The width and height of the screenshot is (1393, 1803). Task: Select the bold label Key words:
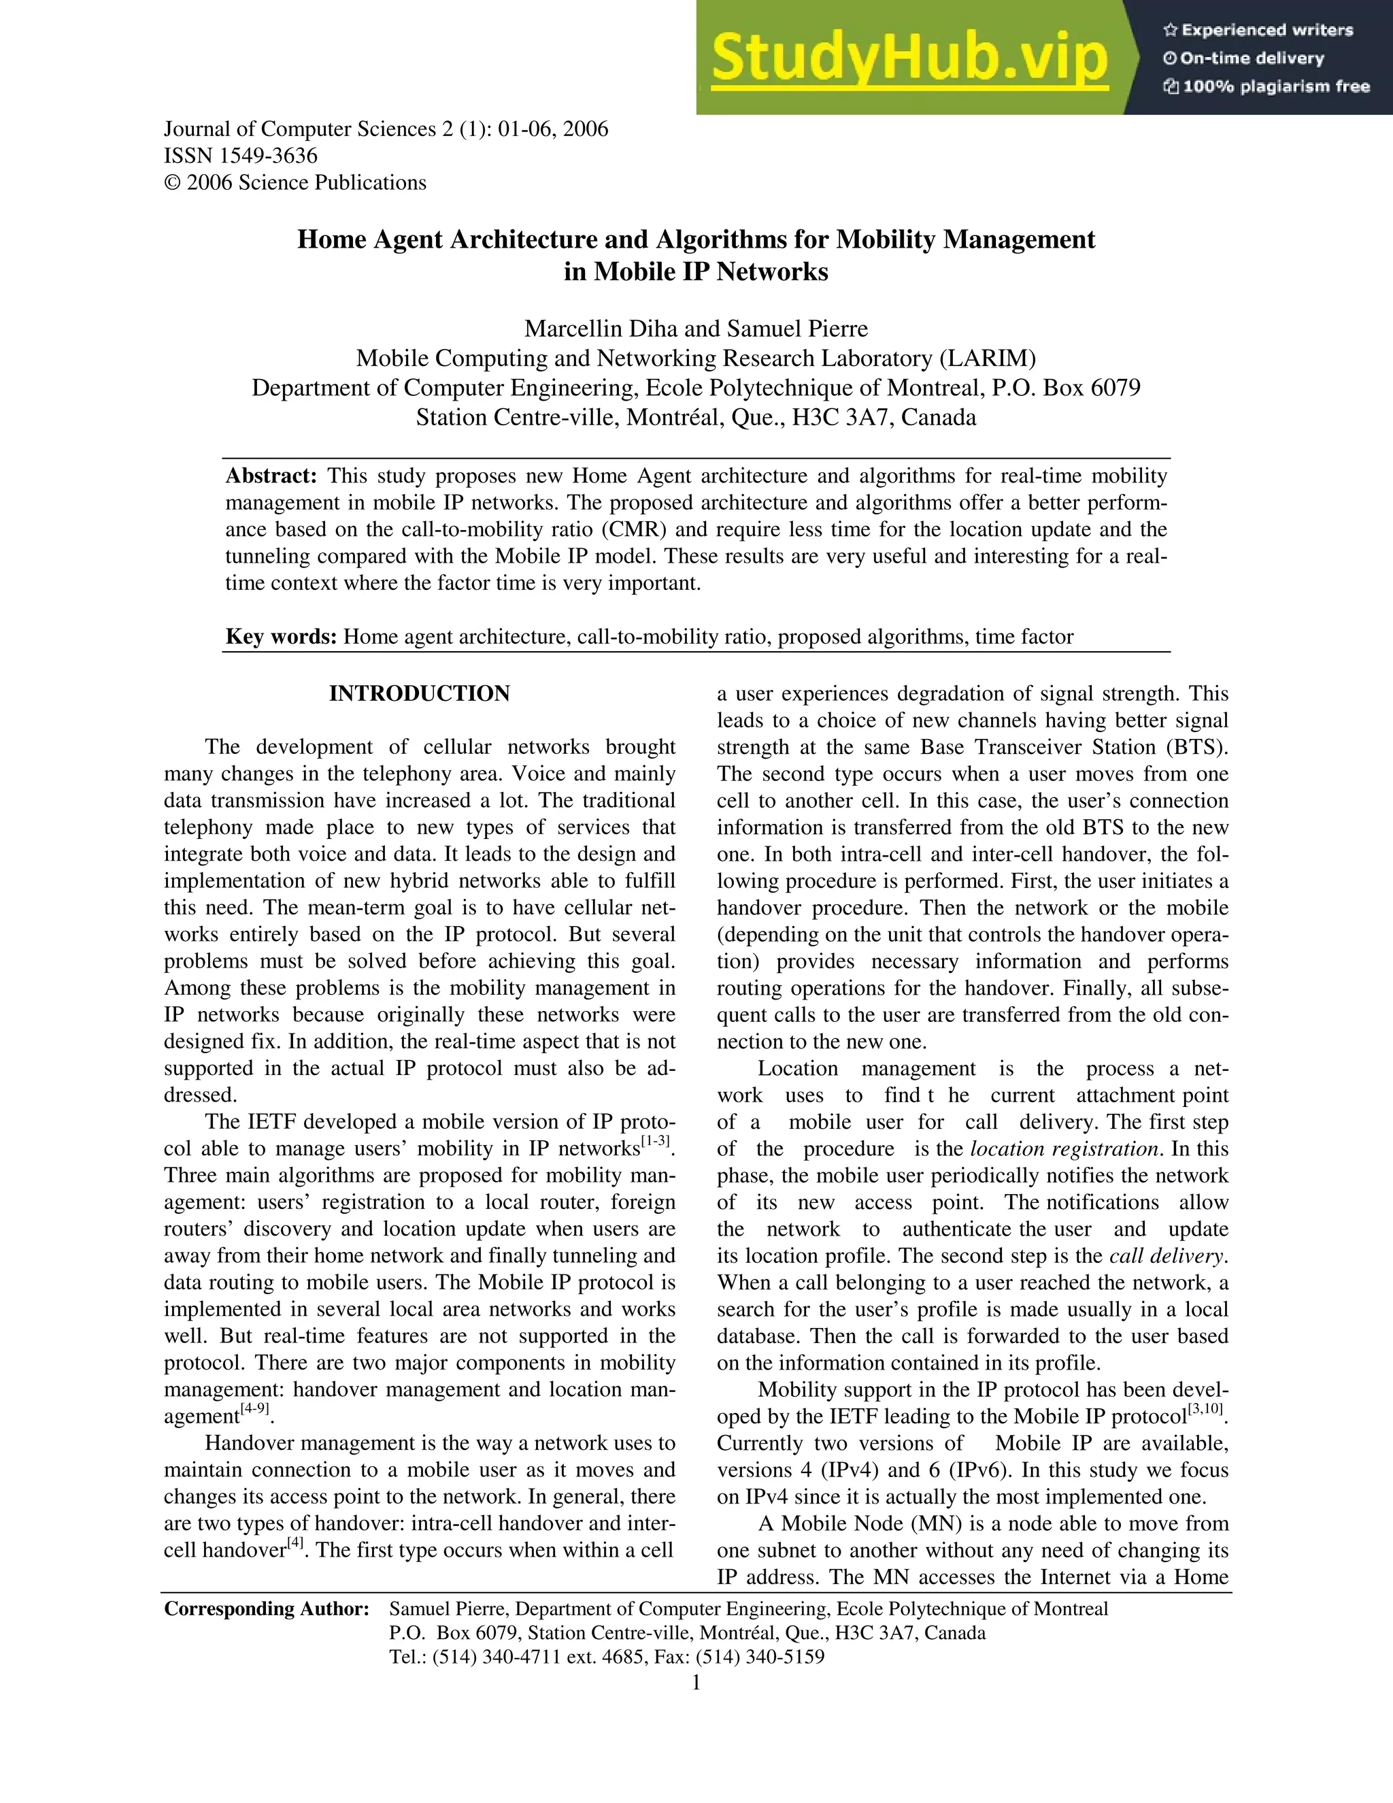[282, 637]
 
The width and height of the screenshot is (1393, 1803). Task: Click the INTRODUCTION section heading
[419, 693]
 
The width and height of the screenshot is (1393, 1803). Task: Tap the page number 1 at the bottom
[696, 1683]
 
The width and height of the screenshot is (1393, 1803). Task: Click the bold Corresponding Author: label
[266, 1608]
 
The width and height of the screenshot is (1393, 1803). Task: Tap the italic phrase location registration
[1064, 1148]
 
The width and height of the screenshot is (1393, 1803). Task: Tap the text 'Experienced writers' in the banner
[1266, 31]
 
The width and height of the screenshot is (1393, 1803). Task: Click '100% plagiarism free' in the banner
[1276, 86]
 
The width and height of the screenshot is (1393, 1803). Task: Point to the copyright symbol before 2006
[171, 182]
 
